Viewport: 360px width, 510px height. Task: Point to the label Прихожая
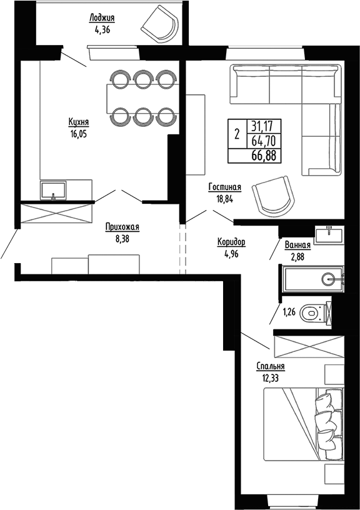pyautogui.click(x=122, y=227)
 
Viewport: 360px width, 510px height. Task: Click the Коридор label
pyautogui.click(x=231, y=242)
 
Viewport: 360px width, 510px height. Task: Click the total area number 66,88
pyautogui.click(x=263, y=156)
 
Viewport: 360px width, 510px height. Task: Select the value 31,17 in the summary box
pyautogui.click(x=263, y=125)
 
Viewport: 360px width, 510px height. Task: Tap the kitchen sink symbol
pyautogui.click(x=54, y=189)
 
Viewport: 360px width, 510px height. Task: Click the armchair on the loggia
pyautogui.click(x=159, y=25)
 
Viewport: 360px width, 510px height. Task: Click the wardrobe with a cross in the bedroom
pyautogui.click(x=307, y=346)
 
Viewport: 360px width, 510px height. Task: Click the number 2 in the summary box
pyautogui.click(x=236, y=133)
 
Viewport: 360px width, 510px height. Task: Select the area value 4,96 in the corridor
pyautogui.click(x=231, y=254)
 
